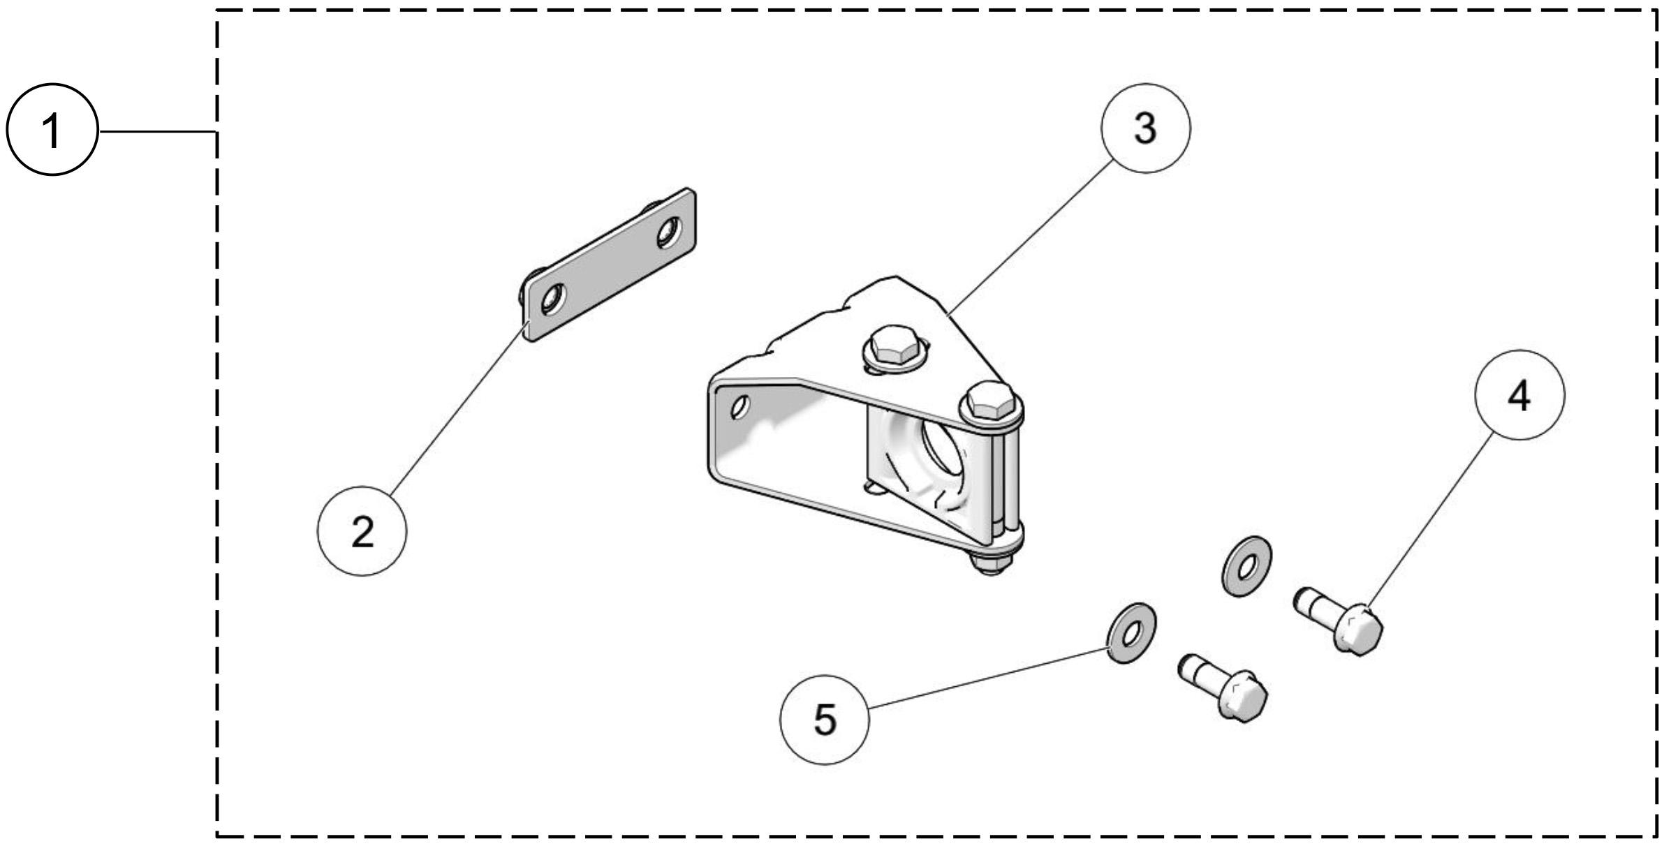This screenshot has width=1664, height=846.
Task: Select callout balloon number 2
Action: click(x=362, y=531)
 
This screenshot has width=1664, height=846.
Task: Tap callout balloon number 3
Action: click(x=1145, y=128)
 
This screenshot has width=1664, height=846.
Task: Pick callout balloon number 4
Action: click(x=1519, y=395)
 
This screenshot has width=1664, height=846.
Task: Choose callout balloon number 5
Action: click(x=824, y=719)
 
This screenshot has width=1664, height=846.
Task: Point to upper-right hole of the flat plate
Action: click(x=668, y=232)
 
